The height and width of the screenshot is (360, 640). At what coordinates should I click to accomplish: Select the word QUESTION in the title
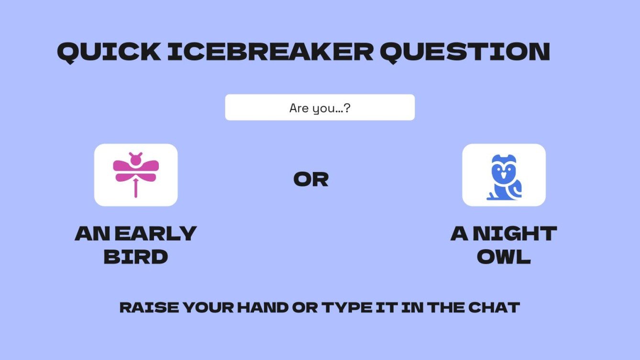464,52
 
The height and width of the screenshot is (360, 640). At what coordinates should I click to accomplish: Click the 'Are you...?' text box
320,108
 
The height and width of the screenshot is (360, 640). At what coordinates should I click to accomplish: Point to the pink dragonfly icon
136,174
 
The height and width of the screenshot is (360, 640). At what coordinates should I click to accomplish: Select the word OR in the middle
311,179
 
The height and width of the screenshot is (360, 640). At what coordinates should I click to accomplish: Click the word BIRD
136,257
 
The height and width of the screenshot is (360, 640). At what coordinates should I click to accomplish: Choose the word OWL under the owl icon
504,257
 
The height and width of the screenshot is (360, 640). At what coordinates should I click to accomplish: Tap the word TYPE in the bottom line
348,307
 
